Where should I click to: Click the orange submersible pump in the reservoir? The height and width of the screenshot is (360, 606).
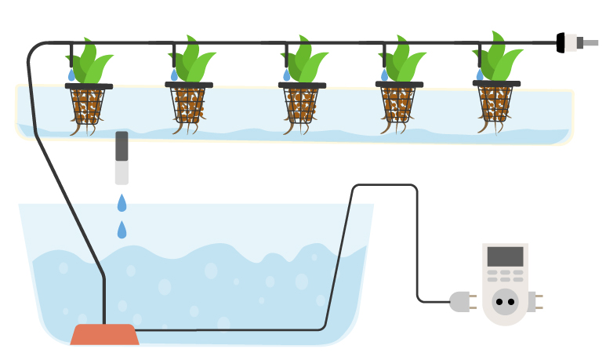pos(104,335)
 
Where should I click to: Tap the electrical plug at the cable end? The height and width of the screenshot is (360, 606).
pos(460,301)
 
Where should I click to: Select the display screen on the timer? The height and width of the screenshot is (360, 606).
pos(505,256)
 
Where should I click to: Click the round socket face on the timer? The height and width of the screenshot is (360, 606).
pos(506,301)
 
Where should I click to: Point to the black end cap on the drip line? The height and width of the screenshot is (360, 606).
pos(561,42)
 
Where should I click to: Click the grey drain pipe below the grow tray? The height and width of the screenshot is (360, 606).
pos(122,157)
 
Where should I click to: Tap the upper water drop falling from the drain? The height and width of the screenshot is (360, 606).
pos(122,203)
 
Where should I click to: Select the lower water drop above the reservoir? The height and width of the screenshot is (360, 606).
pos(122,230)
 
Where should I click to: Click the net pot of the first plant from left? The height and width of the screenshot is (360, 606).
pos(88,105)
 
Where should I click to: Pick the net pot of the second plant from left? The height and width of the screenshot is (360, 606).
pos(189,104)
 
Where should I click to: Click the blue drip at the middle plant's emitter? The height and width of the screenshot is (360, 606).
pos(287,75)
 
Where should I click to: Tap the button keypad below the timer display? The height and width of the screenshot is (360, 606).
pos(505,275)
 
